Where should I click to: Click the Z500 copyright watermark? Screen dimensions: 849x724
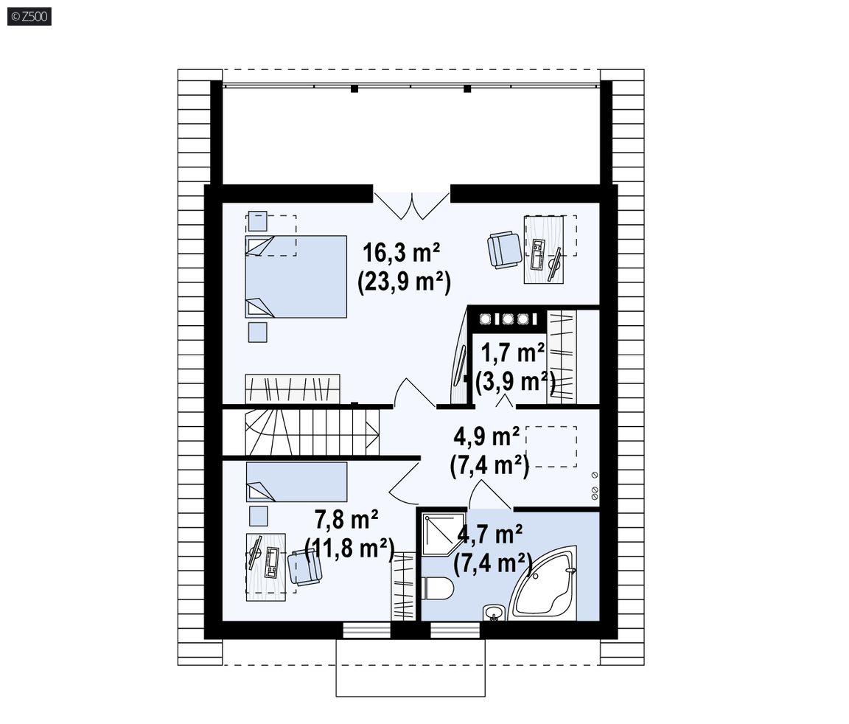(x=29, y=17)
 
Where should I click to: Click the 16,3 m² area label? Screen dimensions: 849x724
(x=401, y=252)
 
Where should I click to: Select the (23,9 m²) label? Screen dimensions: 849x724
(x=404, y=282)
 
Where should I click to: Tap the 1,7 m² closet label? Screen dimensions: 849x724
(x=512, y=353)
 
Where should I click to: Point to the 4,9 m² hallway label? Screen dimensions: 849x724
(x=486, y=436)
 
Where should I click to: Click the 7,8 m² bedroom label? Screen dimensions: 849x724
(x=346, y=520)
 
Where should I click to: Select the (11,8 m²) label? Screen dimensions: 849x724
(x=349, y=549)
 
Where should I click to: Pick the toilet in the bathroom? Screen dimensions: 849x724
(x=438, y=588)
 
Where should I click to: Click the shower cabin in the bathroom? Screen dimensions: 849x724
(x=443, y=534)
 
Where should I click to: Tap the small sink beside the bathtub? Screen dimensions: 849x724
(x=494, y=613)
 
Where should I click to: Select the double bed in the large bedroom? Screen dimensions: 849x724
(x=296, y=276)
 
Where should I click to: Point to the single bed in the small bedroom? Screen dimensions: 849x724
(x=296, y=481)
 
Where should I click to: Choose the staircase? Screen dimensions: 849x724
(x=312, y=432)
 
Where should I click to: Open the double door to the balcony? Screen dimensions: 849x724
(x=411, y=206)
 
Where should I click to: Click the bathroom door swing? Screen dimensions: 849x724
(x=489, y=495)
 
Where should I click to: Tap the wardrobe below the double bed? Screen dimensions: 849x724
(x=293, y=389)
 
